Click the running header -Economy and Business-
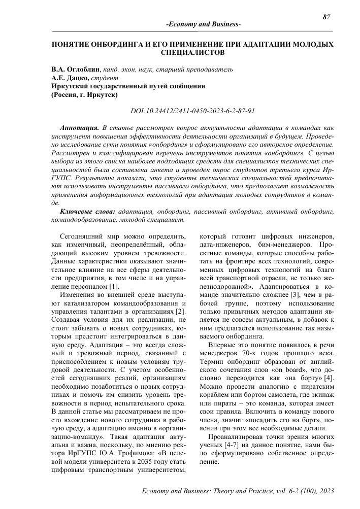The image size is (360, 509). (204, 25)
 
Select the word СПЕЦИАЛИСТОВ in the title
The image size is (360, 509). (192, 52)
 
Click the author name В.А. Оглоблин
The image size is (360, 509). (76, 69)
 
